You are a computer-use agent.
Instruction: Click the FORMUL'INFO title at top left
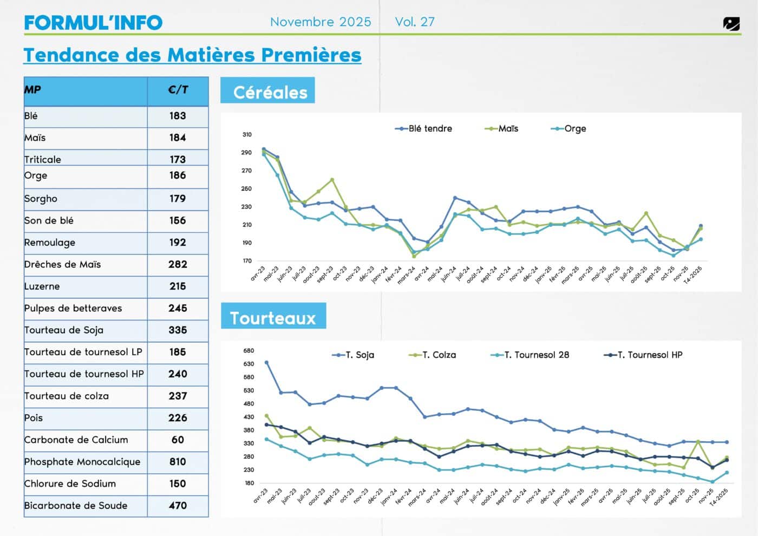pos(93,22)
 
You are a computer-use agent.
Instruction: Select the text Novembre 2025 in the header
pos(321,22)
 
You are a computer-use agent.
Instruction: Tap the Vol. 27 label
pos(415,22)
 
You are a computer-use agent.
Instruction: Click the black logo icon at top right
pos(731,24)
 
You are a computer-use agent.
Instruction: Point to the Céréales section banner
pos(267,91)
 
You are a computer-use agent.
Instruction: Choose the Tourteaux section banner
pos(273,317)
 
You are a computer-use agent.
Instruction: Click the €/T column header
pos(178,90)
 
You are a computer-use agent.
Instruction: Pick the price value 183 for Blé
pos(178,116)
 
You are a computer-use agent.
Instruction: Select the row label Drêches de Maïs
pos(63,264)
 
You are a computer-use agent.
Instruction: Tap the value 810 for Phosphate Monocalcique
pos(178,462)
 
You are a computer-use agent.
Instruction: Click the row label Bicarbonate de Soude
pos(76,506)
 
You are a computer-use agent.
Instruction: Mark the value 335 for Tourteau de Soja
pos(178,330)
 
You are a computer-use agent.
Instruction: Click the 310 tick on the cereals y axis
pos(247,134)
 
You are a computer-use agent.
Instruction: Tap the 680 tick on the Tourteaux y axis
pos(249,350)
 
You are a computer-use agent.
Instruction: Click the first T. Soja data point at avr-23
pos(266,363)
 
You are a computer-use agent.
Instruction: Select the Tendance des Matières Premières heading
pos(192,55)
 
